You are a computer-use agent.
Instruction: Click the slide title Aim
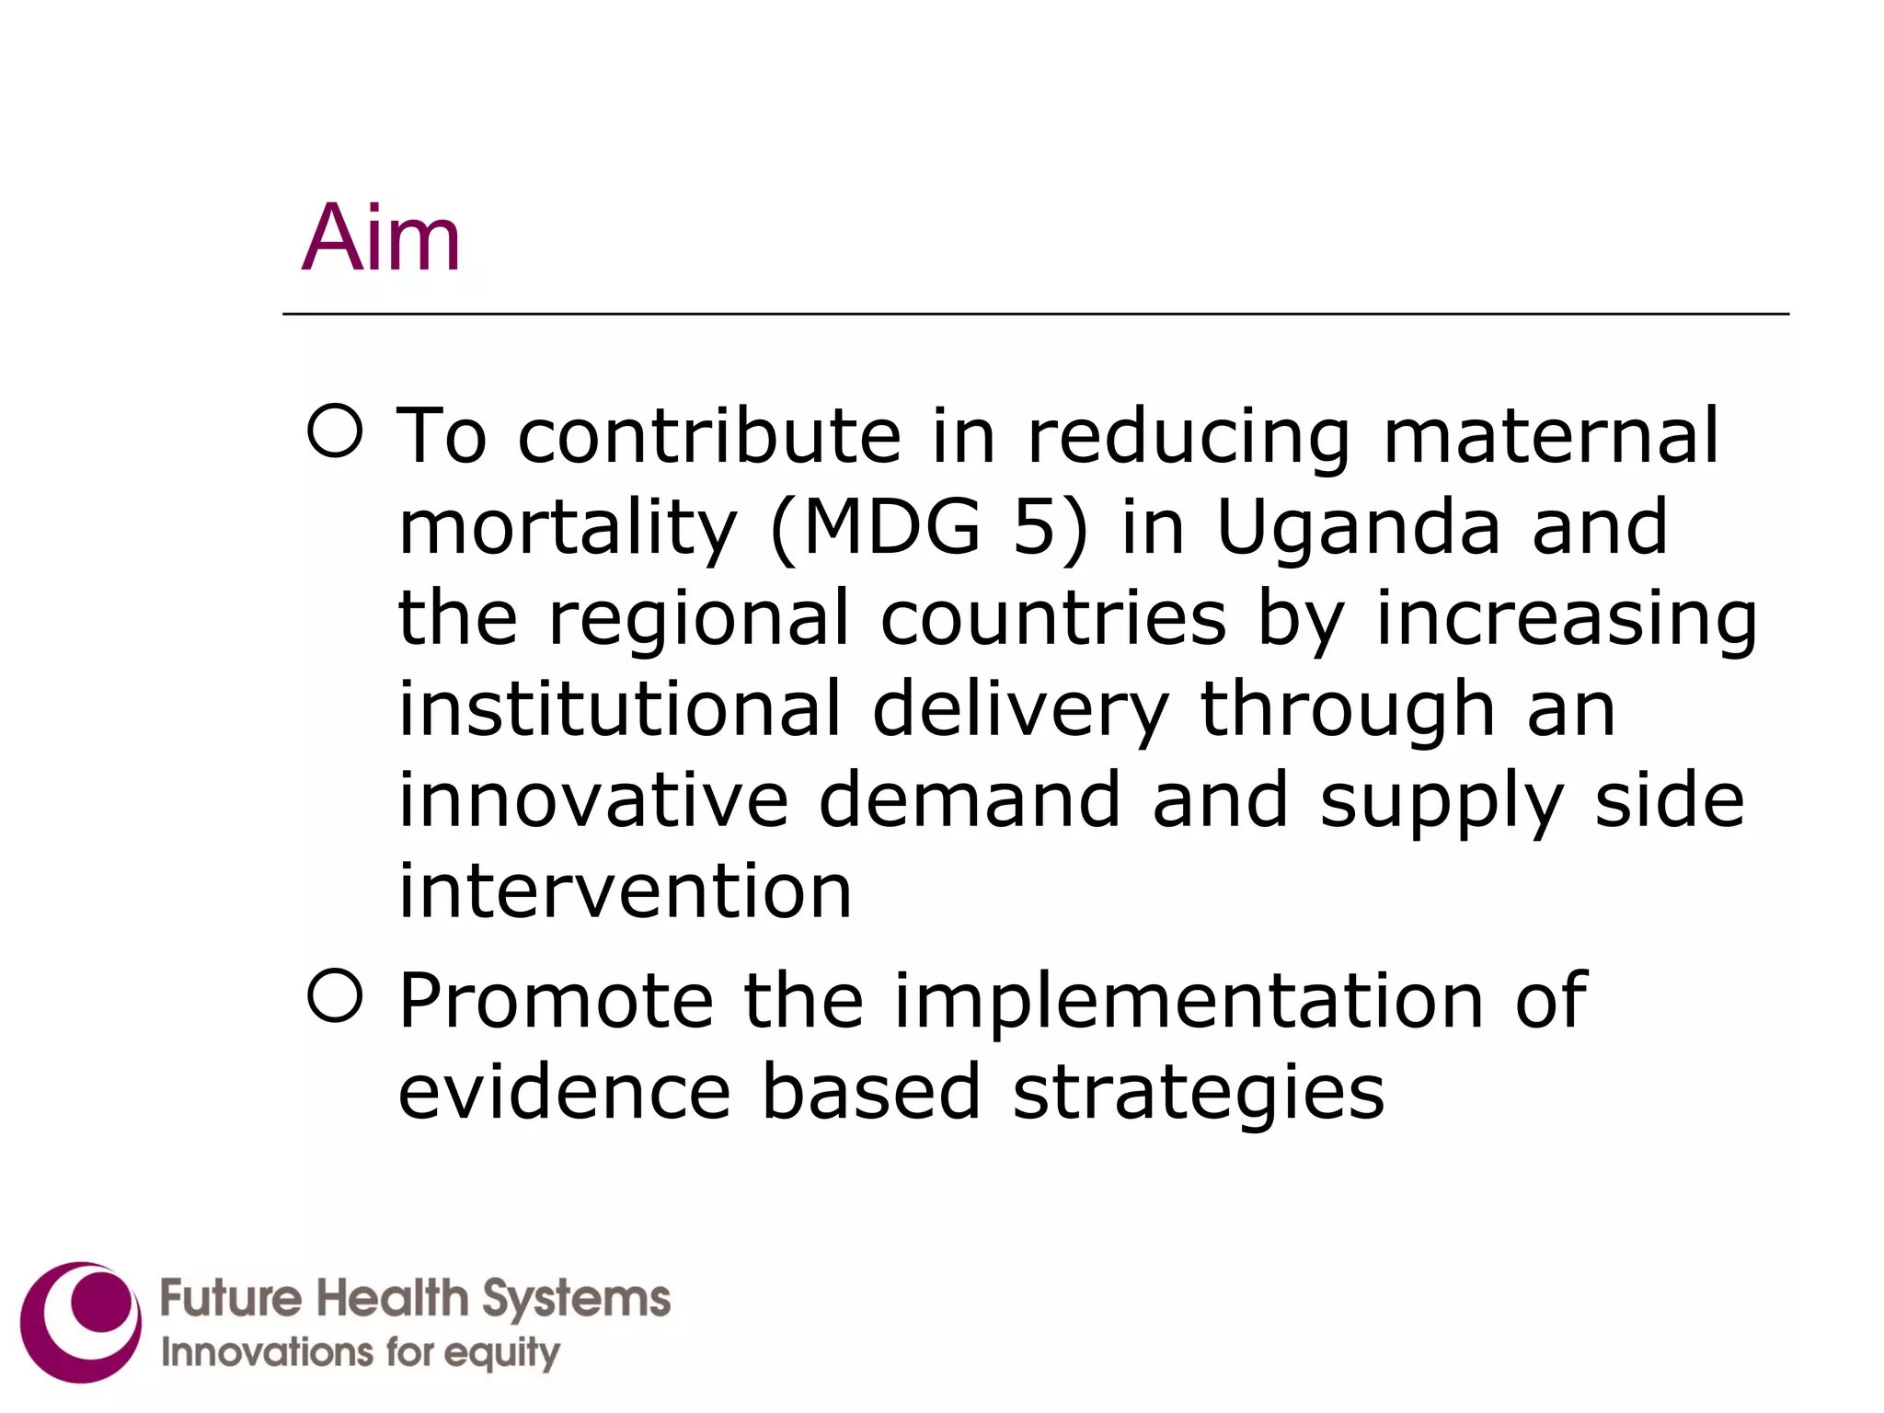[x=381, y=238]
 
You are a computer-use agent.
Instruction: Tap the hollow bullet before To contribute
[x=335, y=431]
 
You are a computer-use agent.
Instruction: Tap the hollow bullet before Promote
[x=335, y=995]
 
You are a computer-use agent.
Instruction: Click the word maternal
[x=1551, y=435]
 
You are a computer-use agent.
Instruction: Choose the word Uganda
[x=1358, y=529]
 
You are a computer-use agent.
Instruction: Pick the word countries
[x=1053, y=617]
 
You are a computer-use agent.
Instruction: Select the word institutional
[x=619, y=708]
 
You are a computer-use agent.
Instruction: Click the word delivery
[x=1020, y=710]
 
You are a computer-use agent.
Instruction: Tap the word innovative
[x=593, y=799]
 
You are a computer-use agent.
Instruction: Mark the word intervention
[x=625, y=890]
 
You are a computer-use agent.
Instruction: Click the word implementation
[x=1189, y=1002]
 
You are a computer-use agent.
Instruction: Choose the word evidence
[x=564, y=1091]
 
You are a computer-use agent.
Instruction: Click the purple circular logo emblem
[x=81, y=1322]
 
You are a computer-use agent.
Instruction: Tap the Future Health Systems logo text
[x=415, y=1299]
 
